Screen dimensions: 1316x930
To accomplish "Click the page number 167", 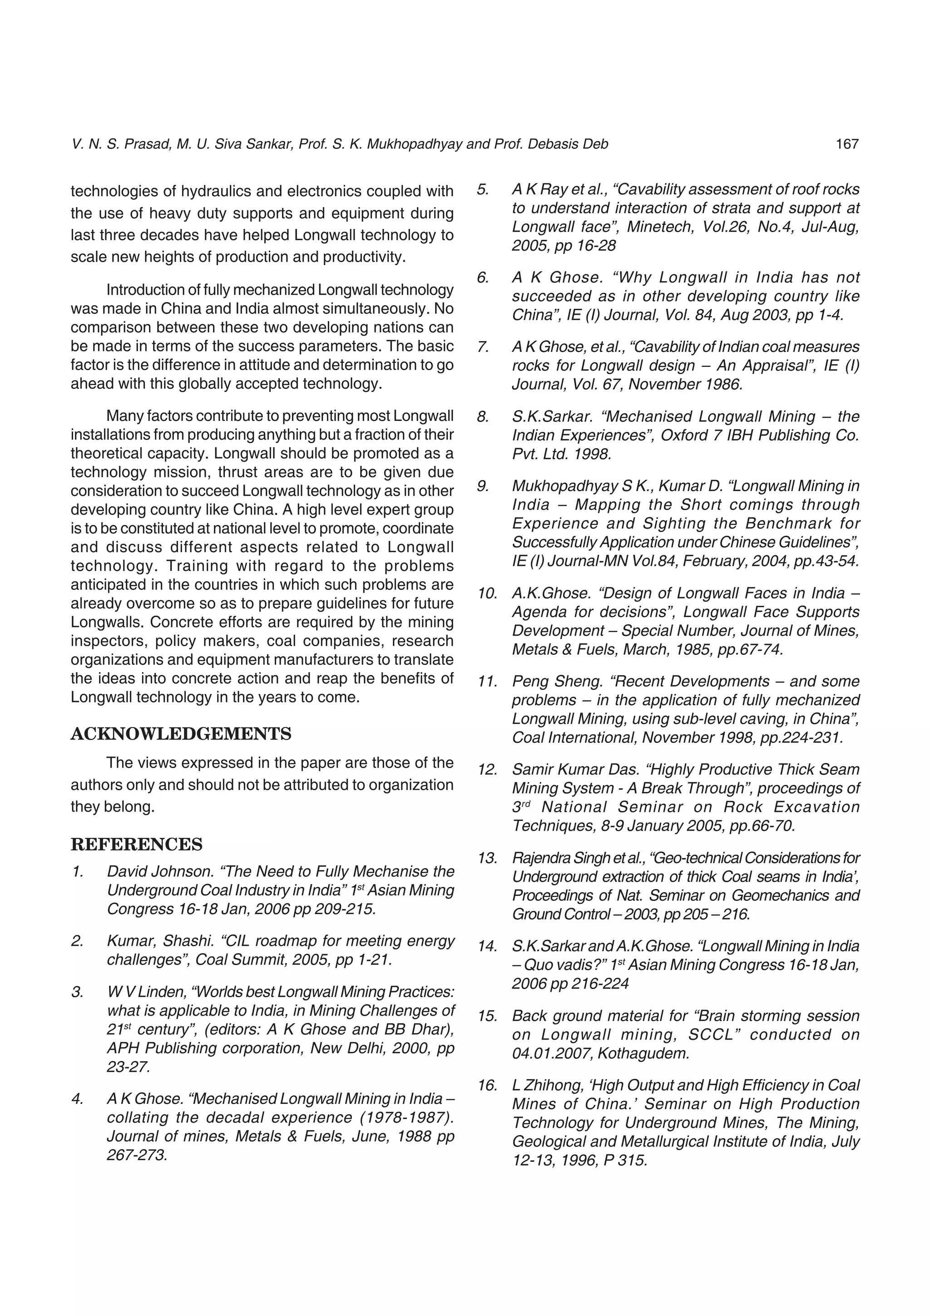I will tap(847, 144).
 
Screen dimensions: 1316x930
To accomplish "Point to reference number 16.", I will tap(487, 1085).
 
